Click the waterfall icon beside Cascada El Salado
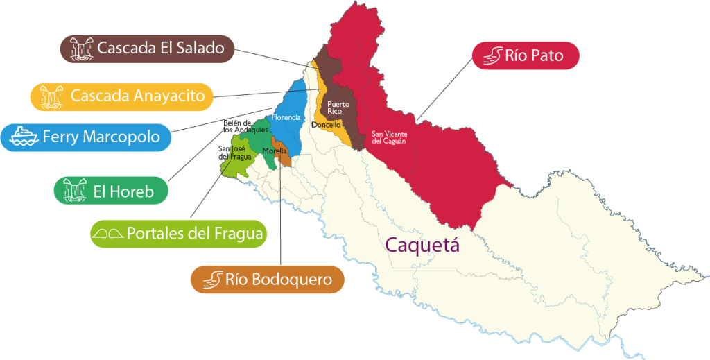click(x=80, y=49)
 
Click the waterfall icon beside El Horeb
click(x=73, y=191)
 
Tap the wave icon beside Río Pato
click(x=492, y=55)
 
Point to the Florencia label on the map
click(x=286, y=117)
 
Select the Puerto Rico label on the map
click(x=338, y=108)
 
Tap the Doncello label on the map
click(x=326, y=125)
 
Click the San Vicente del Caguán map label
click(x=388, y=137)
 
